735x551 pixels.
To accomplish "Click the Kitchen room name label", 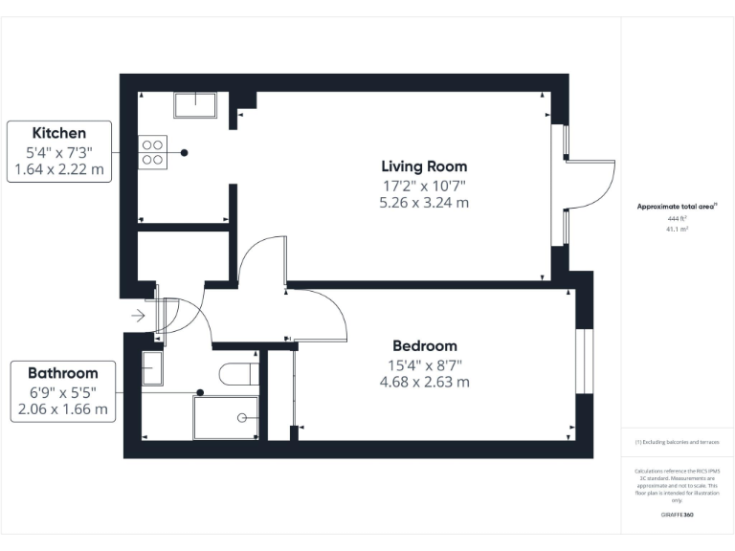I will click(x=59, y=133).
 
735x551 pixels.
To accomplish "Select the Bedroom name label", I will click(x=425, y=345).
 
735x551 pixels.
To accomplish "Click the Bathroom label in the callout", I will click(x=62, y=372).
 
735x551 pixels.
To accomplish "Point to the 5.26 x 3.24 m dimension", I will click(x=425, y=203).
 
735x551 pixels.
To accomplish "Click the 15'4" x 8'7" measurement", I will click(x=425, y=364).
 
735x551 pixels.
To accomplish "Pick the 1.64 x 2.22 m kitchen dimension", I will click(x=59, y=170).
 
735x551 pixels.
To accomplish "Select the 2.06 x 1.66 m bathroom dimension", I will click(x=62, y=409).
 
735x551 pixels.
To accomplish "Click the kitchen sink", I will click(x=194, y=104).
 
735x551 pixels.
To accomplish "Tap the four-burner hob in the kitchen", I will click(x=153, y=153).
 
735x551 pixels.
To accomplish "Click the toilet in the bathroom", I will click(x=235, y=373).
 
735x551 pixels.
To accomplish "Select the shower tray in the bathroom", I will click(x=226, y=417).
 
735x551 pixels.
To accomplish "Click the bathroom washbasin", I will click(x=153, y=368).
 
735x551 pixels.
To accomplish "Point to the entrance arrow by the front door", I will click(x=138, y=314).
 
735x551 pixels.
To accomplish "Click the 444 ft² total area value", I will click(x=678, y=219).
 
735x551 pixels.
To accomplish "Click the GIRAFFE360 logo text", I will click(x=678, y=515).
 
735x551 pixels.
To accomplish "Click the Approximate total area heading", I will click(x=677, y=207).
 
